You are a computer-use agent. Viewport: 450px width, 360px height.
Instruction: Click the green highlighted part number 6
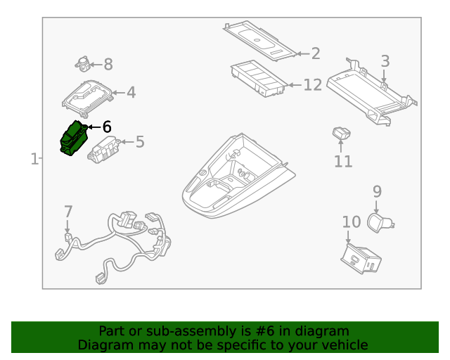tap(74, 138)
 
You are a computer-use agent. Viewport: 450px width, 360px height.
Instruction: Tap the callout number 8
tap(108, 64)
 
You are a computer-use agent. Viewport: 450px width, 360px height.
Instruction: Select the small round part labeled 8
tap(83, 64)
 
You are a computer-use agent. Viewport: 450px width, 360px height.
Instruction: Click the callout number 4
tap(131, 92)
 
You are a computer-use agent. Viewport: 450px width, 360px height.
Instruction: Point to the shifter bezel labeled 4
tap(87, 98)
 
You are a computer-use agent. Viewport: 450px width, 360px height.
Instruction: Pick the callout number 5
tap(140, 142)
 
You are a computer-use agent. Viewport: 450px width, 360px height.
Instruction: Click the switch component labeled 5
tap(104, 150)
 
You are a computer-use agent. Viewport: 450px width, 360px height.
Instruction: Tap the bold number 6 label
tap(107, 127)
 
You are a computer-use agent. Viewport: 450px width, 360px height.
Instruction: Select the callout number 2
tap(316, 53)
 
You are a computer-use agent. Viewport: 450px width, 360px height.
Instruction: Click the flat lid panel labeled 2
tap(259, 41)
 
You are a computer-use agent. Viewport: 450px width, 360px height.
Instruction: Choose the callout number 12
tap(313, 85)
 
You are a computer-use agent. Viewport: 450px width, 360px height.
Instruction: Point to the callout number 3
tap(385, 61)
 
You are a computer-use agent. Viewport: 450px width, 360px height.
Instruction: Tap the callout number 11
tap(343, 161)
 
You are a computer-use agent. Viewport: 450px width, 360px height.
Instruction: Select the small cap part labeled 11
tap(342, 133)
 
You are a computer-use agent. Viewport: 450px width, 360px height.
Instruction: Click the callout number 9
tap(377, 191)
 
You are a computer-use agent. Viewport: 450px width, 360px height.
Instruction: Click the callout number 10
tap(352, 222)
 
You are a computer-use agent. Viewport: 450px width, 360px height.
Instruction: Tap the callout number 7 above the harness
tap(68, 212)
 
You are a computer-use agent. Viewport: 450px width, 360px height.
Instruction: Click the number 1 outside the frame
tap(34, 159)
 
